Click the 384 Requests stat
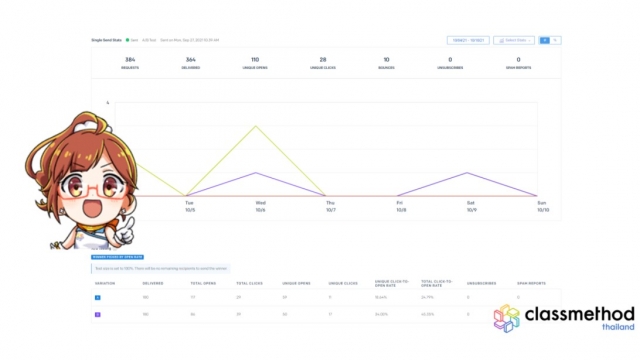[129, 62]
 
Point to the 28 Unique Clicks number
[322, 62]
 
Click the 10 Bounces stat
[386, 62]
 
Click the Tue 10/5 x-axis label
[189, 207]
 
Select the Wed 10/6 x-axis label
[260, 207]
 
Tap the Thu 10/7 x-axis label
[330, 207]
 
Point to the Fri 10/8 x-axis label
[401, 207]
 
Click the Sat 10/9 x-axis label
[471, 207]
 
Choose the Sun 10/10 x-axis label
[542, 207]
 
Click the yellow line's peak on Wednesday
[258, 126]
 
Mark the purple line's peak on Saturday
[470, 173]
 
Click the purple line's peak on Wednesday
[258, 173]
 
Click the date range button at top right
[468, 40]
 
